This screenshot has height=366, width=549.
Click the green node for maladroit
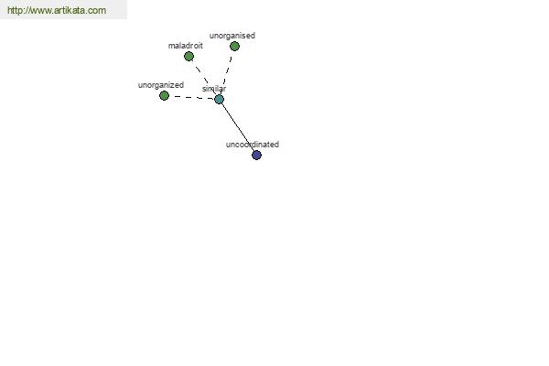(x=188, y=56)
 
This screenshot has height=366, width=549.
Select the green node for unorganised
(x=234, y=46)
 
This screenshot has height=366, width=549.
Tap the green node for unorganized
(x=164, y=95)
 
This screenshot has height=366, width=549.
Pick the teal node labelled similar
(x=220, y=99)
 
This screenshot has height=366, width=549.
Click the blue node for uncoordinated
(x=256, y=155)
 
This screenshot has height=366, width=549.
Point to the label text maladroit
(x=186, y=46)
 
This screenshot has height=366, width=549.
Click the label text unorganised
(x=232, y=36)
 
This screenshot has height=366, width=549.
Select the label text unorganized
(x=161, y=85)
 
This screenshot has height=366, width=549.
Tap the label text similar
(x=214, y=89)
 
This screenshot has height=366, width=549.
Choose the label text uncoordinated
(x=253, y=145)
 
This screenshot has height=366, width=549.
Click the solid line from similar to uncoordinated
(x=238, y=127)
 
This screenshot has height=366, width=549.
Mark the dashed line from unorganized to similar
(x=192, y=97)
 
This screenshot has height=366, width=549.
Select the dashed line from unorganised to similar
(x=227, y=72)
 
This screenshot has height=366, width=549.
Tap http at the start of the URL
(x=15, y=10)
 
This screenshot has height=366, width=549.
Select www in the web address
(x=40, y=11)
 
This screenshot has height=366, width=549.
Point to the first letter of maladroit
(x=171, y=47)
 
